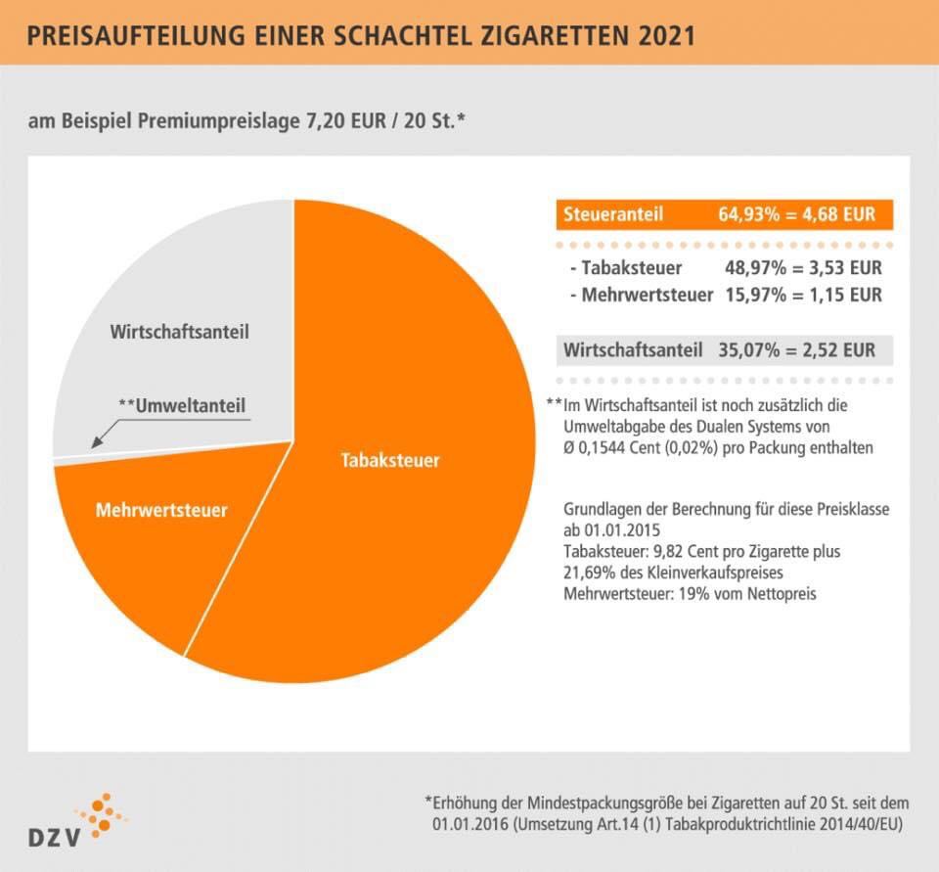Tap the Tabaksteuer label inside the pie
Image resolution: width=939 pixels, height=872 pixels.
coord(390,460)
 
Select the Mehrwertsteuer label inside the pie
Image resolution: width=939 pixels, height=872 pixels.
coord(161,510)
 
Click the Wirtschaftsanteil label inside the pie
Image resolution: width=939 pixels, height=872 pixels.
coord(179,332)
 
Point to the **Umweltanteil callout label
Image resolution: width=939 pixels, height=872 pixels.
coord(182,405)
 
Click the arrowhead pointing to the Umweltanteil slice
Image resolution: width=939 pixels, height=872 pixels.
coord(95,444)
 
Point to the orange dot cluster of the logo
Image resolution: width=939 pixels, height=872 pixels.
coord(103,812)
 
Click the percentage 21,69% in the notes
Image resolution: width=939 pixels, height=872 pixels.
coord(593,573)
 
